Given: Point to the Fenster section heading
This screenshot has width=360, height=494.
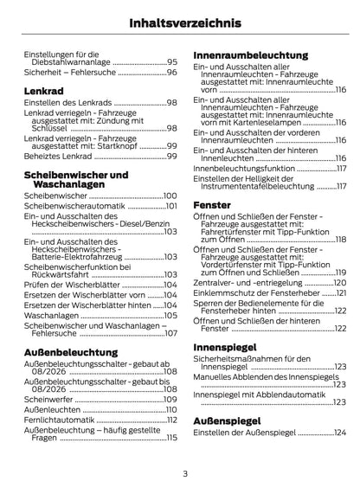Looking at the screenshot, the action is click(x=212, y=205).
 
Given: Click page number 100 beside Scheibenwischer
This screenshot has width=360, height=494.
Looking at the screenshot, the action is click(x=170, y=196).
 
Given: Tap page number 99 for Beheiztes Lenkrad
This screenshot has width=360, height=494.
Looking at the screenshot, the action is click(x=171, y=156).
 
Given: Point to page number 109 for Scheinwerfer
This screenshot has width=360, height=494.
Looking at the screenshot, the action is click(x=170, y=399).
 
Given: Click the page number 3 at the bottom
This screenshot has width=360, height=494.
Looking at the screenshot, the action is click(x=184, y=472).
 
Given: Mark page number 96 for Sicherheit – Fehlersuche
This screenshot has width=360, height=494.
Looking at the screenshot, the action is click(x=171, y=73).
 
